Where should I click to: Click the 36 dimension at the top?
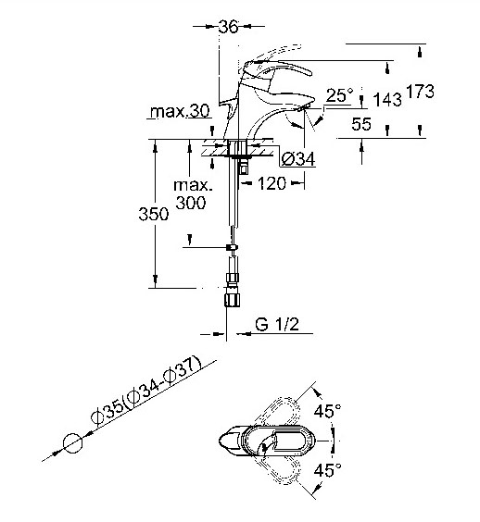pyautogui.click(x=228, y=27)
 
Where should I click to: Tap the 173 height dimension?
pyautogui.click(x=421, y=92)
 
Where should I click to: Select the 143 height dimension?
pyautogui.click(x=387, y=99)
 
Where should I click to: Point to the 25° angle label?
pyautogui.click(x=339, y=95)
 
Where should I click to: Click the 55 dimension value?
pyautogui.click(x=361, y=124)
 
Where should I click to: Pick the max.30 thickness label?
pyautogui.click(x=180, y=111)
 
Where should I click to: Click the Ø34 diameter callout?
pyautogui.click(x=298, y=159)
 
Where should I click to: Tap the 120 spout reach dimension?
pyautogui.click(x=272, y=183)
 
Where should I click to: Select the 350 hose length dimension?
pyautogui.click(x=154, y=214)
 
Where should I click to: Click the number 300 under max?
pyautogui.click(x=191, y=203)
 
